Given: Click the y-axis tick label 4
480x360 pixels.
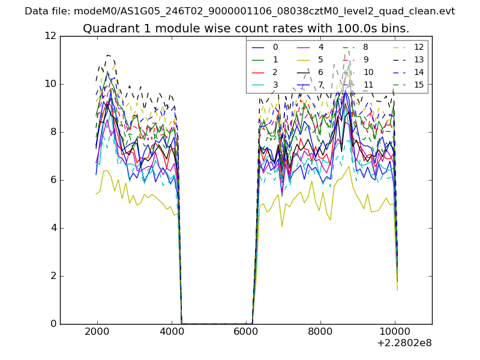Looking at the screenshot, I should tap(53, 228).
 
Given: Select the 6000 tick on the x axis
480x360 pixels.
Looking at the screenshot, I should tap(246, 331).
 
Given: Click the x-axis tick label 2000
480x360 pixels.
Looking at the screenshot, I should tap(97, 331).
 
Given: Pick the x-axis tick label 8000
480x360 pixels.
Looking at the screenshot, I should tap(320, 331).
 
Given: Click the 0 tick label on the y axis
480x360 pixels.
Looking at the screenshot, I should tap(53, 324).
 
